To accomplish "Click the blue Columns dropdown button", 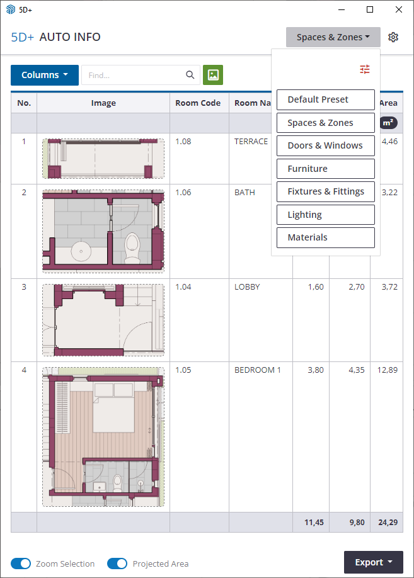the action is pos(45,75).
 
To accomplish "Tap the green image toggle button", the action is pos(213,75).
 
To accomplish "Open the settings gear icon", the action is pos(393,37).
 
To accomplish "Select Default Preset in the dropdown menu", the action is pos(325,99).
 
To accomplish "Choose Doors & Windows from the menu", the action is pos(325,145).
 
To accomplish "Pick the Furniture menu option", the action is pos(325,169).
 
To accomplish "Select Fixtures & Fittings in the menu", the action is pos(325,191).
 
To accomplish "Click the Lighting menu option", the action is pos(325,215).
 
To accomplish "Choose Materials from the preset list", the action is pos(325,237).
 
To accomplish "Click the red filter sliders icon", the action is pos(365,69).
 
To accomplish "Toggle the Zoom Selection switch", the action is pos(21,564).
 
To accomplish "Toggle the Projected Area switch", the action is pos(117,564).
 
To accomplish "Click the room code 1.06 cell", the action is pos(183,193).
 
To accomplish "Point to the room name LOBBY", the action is pos(247,286).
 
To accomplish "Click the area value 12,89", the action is pos(388,370).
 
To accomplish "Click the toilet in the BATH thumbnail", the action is pos(132,247).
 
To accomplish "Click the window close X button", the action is pos(399,9).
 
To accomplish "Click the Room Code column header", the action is pos(198,103).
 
